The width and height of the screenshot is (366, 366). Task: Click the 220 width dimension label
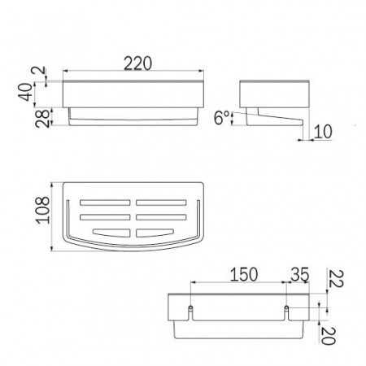click(137, 63)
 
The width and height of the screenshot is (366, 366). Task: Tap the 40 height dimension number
click(27, 92)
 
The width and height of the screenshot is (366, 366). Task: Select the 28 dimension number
click(43, 119)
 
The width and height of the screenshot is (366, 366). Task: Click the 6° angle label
click(222, 118)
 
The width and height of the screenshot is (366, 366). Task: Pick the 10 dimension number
click(323, 132)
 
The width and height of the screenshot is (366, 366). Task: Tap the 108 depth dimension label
click(43, 211)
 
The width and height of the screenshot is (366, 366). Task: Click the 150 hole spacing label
click(244, 274)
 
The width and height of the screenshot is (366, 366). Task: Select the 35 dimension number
click(300, 274)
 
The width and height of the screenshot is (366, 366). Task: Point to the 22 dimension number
click(336, 279)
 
